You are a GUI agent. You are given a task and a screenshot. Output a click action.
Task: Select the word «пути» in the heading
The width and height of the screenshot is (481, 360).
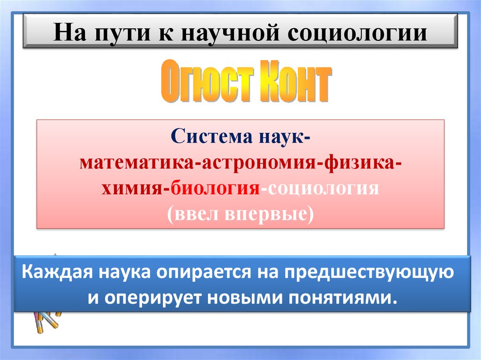click(x=118, y=34)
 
